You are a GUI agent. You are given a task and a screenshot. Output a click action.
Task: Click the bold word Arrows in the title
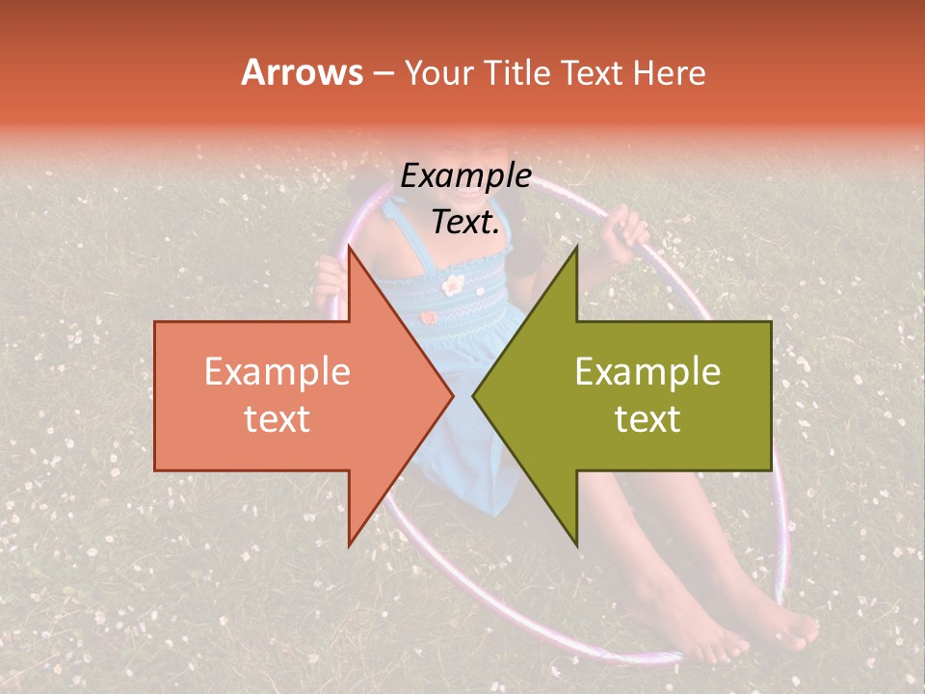point(302,72)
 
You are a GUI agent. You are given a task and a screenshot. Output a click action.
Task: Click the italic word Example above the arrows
point(465,176)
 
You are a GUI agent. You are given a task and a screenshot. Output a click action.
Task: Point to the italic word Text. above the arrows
point(465,222)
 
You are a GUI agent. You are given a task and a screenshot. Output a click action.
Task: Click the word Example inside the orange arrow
point(277,372)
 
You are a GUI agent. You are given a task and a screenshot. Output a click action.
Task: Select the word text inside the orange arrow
point(277,418)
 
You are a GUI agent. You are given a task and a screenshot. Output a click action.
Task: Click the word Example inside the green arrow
point(647,372)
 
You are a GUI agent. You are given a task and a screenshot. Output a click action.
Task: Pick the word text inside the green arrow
point(647,418)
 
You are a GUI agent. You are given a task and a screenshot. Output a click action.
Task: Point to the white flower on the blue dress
point(454,283)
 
